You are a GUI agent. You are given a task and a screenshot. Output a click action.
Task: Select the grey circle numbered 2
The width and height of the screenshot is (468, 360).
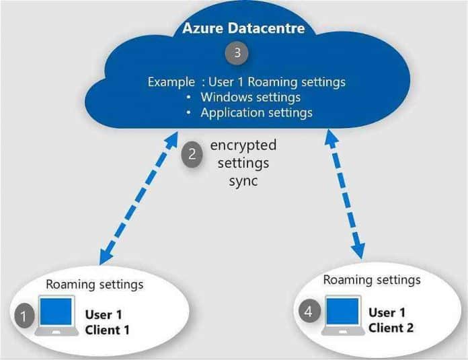[192, 154]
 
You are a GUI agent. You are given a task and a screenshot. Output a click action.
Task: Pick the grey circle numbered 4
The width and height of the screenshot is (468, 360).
[308, 312]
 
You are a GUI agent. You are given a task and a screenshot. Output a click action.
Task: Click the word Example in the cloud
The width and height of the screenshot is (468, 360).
[168, 83]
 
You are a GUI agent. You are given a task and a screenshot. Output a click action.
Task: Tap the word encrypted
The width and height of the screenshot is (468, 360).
[243, 145]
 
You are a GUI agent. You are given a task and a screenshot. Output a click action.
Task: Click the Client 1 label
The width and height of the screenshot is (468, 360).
[108, 330]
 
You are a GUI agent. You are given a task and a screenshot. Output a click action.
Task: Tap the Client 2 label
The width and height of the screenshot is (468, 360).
[391, 328]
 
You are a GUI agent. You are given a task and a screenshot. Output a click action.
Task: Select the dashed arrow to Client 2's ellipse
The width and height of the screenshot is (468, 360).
[345, 195]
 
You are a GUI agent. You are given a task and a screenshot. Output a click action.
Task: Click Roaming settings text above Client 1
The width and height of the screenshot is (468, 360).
[94, 284]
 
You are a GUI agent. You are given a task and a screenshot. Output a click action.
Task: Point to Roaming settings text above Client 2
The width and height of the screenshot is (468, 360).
[372, 279]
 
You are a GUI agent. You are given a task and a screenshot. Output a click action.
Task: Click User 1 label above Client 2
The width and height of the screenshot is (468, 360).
[387, 312]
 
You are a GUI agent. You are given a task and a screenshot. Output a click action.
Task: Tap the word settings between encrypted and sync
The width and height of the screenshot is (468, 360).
[243, 163]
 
